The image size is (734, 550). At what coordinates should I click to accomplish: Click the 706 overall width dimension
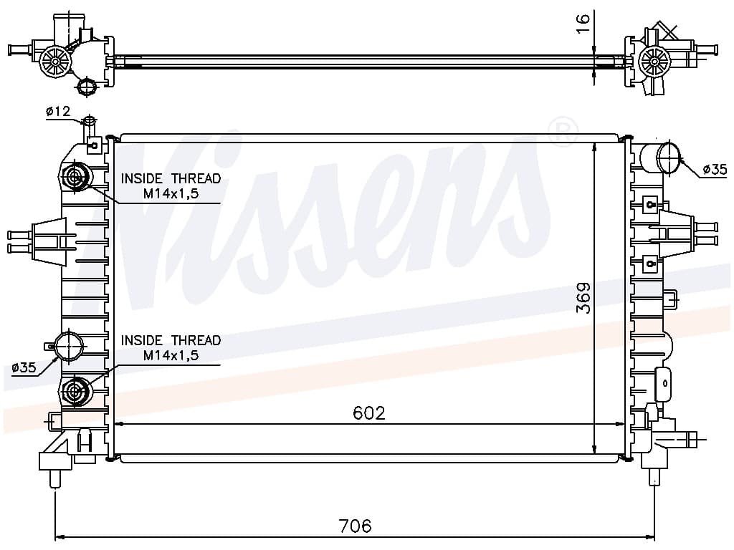[x=356, y=526]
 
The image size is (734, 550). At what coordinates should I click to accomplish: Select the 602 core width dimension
[x=369, y=413]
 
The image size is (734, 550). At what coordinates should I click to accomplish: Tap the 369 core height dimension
[x=583, y=297]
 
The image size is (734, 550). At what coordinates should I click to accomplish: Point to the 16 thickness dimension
[x=582, y=24]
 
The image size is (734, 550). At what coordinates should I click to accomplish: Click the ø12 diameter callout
[x=58, y=111]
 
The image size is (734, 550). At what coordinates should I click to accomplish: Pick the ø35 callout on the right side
[x=715, y=169]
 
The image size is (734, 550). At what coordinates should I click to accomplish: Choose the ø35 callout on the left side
[x=24, y=367]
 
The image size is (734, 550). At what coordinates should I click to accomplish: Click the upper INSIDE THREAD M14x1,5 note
[x=171, y=185]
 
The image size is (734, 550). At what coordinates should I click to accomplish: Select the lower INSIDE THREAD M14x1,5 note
[x=171, y=347]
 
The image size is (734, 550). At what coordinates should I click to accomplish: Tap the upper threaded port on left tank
[x=75, y=177]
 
